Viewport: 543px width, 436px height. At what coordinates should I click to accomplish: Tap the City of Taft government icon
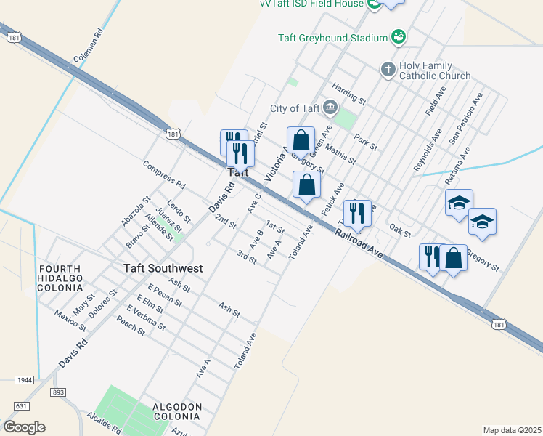point(330,109)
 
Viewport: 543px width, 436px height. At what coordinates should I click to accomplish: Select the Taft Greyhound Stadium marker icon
point(398,36)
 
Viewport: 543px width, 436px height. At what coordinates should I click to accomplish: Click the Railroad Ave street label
point(359,243)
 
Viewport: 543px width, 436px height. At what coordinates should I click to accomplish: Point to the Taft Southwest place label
point(163,268)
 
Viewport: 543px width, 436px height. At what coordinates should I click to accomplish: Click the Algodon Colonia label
point(176,411)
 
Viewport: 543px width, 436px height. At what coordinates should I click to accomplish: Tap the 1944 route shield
point(25,380)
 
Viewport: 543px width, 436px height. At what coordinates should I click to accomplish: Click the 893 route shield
point(59,392)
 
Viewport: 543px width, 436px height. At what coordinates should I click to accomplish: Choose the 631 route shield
point(21,406)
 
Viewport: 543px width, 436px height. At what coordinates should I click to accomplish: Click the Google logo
point(24,427)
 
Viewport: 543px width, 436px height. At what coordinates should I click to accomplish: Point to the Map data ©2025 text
point(512,430)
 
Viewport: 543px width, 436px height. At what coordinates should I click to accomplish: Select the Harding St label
point(346,92)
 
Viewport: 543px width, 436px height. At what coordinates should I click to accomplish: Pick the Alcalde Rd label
point(103,426)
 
